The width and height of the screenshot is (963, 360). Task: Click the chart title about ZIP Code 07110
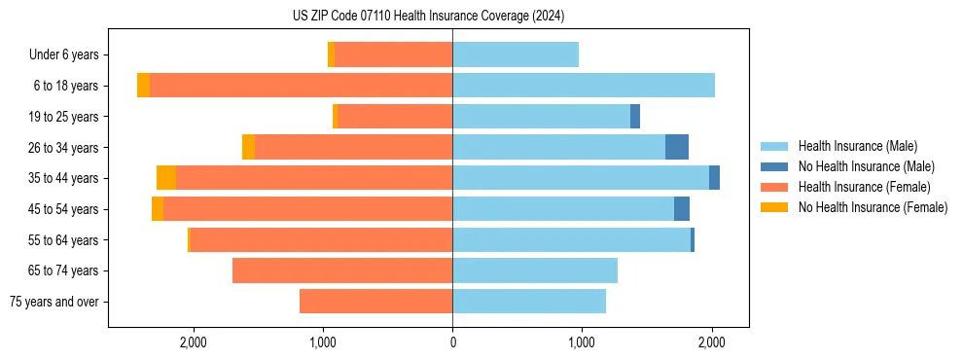coord(428,16)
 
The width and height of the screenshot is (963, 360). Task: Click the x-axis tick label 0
coord(452,342)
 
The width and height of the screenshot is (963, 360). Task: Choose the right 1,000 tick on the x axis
coord(581,342)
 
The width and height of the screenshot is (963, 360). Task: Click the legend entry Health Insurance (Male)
coord(857,146)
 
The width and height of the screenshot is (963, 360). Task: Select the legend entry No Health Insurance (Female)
coord(873,207)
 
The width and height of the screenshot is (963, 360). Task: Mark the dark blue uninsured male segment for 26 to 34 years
coord(677,147)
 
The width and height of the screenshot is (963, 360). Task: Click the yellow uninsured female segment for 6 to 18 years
coord(143,86)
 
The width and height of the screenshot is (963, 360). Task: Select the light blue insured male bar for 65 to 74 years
coord(535,270)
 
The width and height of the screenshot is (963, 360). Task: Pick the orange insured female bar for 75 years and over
coord(375,302)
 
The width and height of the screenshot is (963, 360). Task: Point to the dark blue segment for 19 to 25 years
coord(635,117)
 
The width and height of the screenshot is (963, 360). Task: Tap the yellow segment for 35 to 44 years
coord(166,178)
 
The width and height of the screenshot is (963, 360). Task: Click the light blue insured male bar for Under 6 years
coord(516,55)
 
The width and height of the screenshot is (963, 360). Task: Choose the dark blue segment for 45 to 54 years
coord(682,209)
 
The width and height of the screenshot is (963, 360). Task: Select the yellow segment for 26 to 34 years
coord(248,147)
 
